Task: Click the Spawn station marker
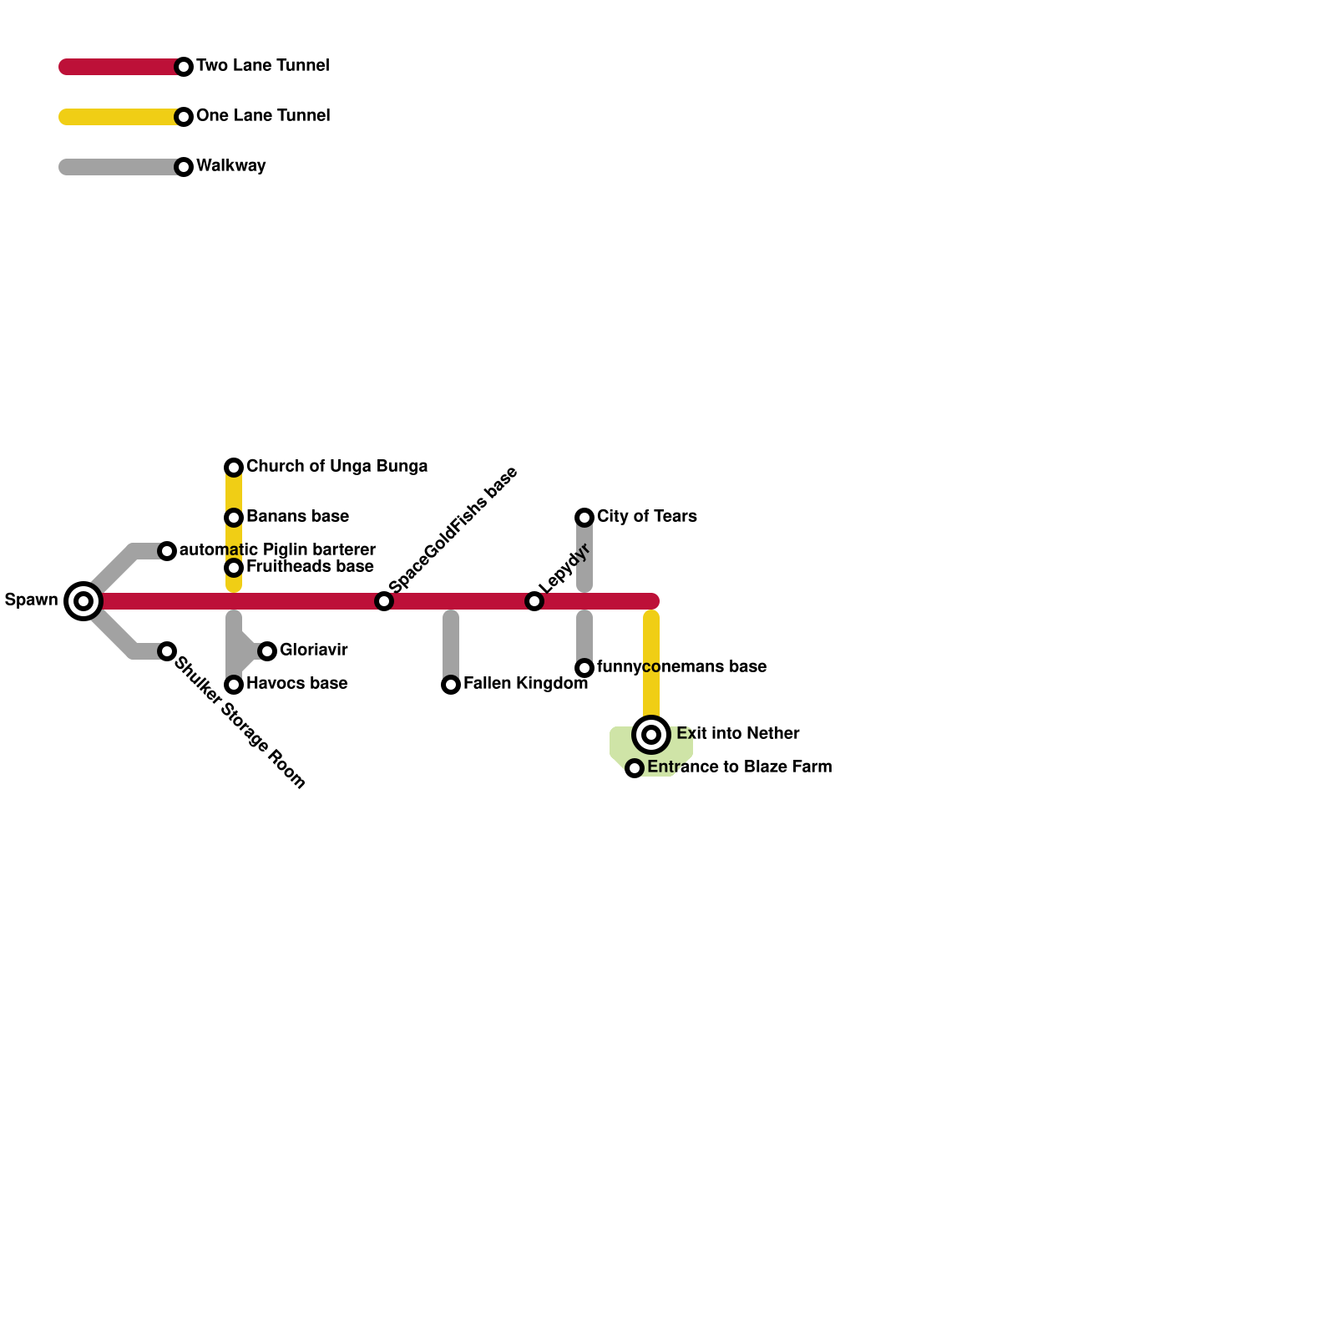[83, 601]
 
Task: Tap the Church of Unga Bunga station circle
[234, 468]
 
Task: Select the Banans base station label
[297, 517]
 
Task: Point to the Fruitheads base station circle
[234, 568]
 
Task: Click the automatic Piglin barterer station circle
[167, 551]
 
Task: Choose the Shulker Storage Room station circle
[167, 651]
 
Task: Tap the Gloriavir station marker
[267, 651]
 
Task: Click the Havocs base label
[296, 684]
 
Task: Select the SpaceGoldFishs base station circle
[384, 601]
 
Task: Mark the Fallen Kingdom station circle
[451, 685]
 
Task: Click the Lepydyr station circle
[534, 601]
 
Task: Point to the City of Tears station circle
[584, 518]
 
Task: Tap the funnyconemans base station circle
[584, 668]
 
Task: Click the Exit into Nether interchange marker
[651, 735]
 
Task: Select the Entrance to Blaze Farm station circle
[635, 768]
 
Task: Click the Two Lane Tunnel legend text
[262, 66]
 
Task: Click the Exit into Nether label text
[737, 734]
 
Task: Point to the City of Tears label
[646, 517]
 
